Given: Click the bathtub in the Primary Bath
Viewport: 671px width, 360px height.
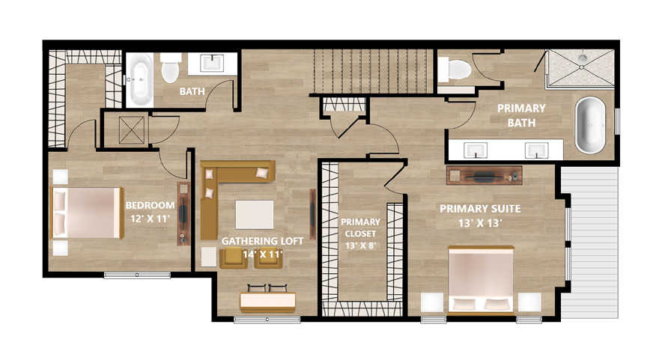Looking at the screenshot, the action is coord(591,125).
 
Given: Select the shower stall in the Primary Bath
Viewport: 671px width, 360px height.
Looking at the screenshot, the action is coord(580,68).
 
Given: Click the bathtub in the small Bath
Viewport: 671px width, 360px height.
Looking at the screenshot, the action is coord(140,80).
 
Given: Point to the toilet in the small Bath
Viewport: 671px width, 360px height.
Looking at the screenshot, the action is coord(170,68).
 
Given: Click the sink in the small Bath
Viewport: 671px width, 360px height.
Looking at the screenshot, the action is coord(213,64).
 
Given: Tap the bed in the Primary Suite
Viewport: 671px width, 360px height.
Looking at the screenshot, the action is coord(481,280).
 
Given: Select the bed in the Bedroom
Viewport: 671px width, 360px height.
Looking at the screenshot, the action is coord(88,213).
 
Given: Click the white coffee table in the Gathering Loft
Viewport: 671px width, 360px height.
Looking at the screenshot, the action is coord(255,215).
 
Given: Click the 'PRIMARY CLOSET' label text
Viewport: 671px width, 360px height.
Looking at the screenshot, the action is coord(360,228).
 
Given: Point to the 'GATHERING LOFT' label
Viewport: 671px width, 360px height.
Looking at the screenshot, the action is coord(262,241).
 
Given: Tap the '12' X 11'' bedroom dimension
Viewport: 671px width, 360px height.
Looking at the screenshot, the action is coord(150,219).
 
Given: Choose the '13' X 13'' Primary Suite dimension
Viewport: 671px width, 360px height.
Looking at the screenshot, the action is coord(480,223).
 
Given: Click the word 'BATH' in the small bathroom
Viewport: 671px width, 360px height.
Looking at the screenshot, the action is coord(192,91).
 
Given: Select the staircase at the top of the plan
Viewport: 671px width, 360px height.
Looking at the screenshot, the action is coord(371,71).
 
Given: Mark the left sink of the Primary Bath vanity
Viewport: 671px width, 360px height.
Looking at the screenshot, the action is coord(476,150).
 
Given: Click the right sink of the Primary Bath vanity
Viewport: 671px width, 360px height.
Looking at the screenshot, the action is coord(537,150).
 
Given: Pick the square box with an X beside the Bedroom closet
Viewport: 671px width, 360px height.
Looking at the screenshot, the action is coord(132,130).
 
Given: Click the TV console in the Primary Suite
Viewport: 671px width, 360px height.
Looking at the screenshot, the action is coord(484,175).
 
